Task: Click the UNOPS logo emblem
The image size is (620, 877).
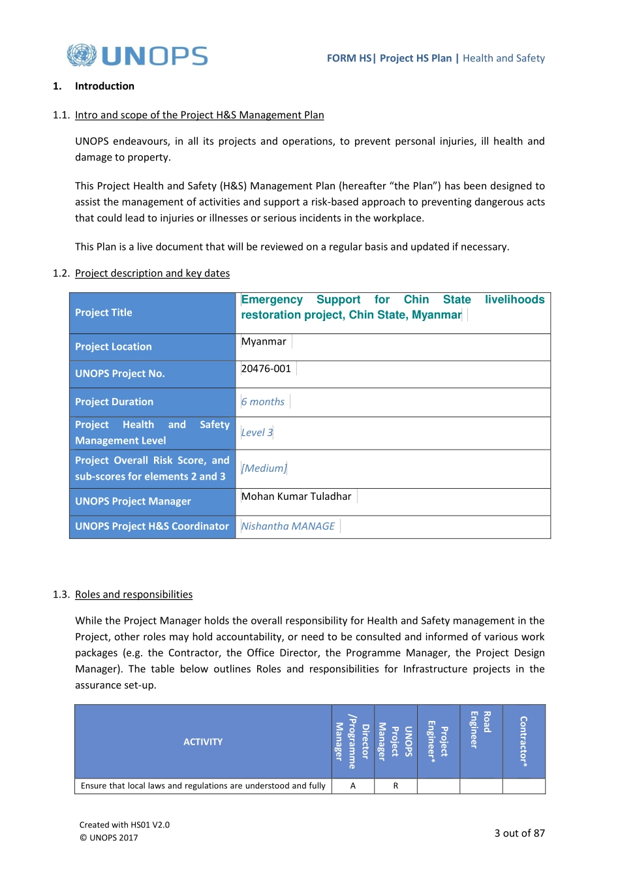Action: pyautogui.click(x=82, y=55)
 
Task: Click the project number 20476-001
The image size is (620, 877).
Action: pyautogui.click(x=266, y=369)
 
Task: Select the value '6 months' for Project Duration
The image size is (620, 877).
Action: pyautogui.click(x=263, y=402)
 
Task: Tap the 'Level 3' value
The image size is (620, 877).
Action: pyautogui.click(x=257, y=433)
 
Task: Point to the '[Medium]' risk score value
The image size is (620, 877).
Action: pyautogui.click(x=264, y=469)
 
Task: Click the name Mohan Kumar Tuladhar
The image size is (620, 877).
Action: pyautogui.click(x=296, y=497)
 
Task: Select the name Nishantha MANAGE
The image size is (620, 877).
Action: pyautogui.click(x=288, y=526)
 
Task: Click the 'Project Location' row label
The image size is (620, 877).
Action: pyautogui.click(x=114, y=346)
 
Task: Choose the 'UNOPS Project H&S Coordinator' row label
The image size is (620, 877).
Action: pyautogui.click(x=152, y=526)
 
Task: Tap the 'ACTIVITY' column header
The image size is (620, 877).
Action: pyautogui.click(x=203, y=742)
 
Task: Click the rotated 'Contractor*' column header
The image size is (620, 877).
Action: pyautogui.click(x=523, y=741)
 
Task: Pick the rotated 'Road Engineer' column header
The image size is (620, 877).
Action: pyautogui.click(x=481, y=730)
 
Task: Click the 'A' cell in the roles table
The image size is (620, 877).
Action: pyautogui.click(x=353, y=786)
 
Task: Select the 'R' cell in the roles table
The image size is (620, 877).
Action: pyautogui.click(x=395, y=786)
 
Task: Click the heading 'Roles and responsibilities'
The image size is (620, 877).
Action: pyautogui.click(x=134, y=594)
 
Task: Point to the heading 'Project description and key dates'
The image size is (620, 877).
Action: pyautogui.click(x=152, y=273)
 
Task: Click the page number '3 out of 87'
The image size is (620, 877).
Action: pyautogui.click(x=519, y=833)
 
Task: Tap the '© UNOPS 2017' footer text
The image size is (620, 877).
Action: pyautogui.click(x=109, y=838)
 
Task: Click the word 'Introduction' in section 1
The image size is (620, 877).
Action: pyautogui.click(x=104, y=86)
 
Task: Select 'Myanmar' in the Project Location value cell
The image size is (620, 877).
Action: pyautogui.click(x=264, y=342)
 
